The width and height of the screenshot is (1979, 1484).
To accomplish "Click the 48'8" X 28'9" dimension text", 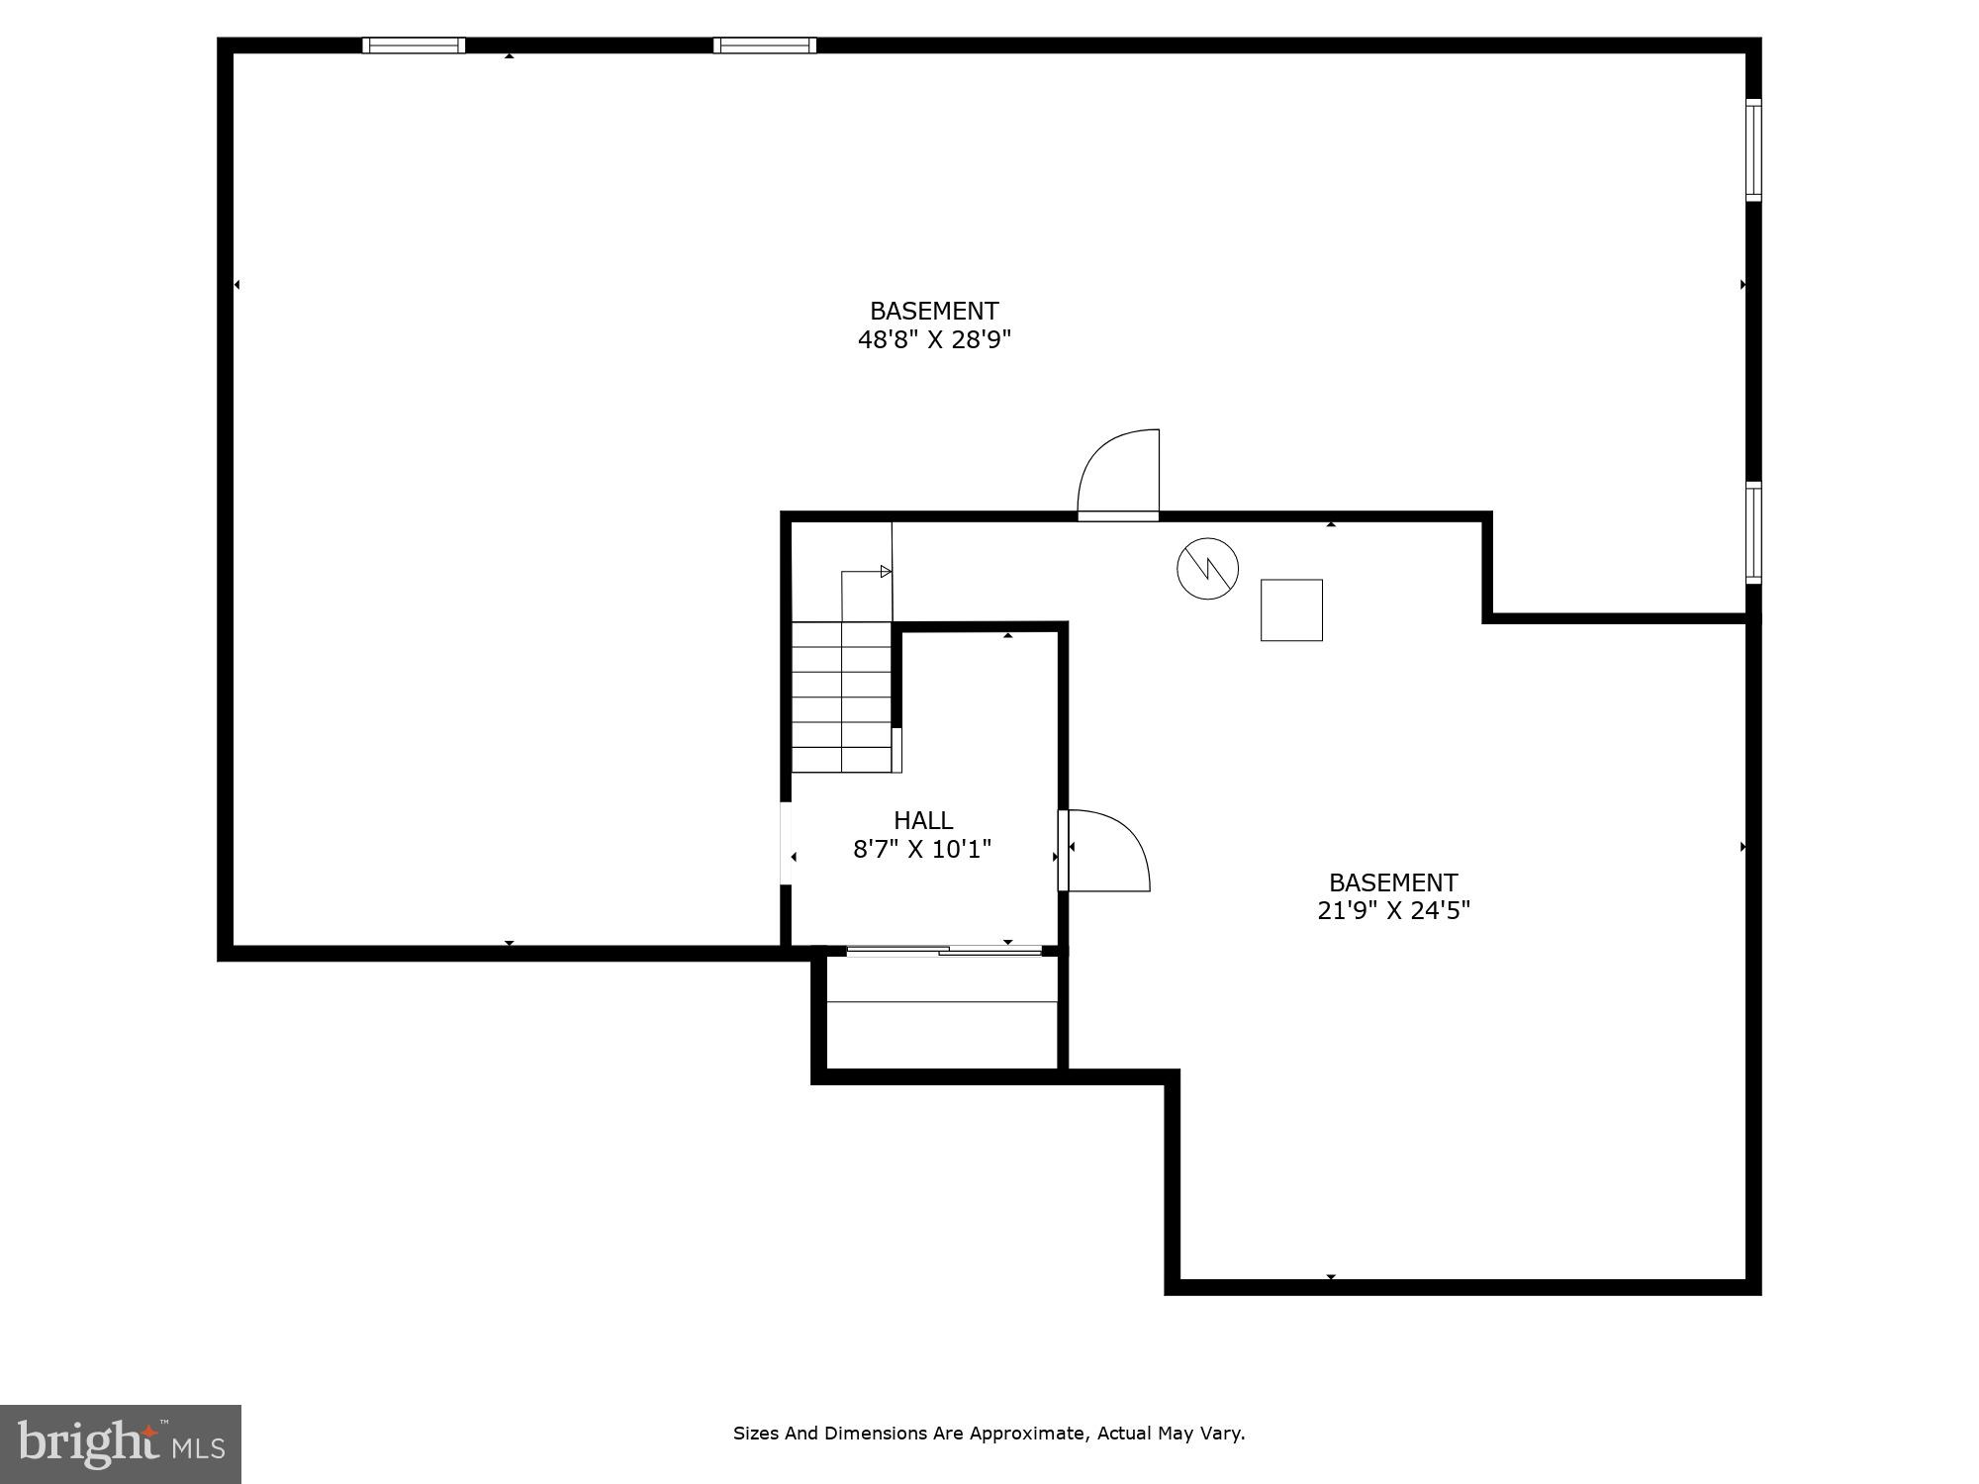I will (x=934, y=340).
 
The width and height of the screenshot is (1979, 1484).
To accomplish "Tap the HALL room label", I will (x=923, y=820).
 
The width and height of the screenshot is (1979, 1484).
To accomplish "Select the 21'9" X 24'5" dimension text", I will (x=1393, y=911).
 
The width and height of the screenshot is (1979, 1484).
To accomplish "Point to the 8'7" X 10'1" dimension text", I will (x=922, y=849).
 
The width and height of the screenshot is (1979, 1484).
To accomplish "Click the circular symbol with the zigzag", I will (x=1207, y=569).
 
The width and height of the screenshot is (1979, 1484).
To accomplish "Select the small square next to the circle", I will (x=1291, y=610).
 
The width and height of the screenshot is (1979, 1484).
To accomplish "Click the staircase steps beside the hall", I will (x=842, y=697).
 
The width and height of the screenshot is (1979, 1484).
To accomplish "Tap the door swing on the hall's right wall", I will (x=1106, y=851).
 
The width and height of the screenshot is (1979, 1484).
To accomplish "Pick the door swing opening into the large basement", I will (x=1119, y=473).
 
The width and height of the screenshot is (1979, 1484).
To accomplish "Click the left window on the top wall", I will (x=414, y=46).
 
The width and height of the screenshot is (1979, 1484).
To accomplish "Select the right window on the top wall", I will (x=765, y=46).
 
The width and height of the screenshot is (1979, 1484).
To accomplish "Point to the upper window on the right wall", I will (x=1753, y=150).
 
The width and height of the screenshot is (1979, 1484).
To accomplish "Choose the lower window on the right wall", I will (x=1753, y=532).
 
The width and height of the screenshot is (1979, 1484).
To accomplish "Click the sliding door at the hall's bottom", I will (x=944, y=951).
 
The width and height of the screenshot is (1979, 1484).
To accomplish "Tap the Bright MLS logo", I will (x=121, y=1443).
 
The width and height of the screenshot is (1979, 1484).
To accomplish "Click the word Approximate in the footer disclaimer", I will (x=1028, y=1434).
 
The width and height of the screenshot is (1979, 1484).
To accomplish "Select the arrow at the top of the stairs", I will (x=886, y=572).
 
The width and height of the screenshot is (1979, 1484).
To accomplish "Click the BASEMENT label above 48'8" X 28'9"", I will (x=934, y=312).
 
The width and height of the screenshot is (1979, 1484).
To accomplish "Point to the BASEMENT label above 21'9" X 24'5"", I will (x=1393, y=882).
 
